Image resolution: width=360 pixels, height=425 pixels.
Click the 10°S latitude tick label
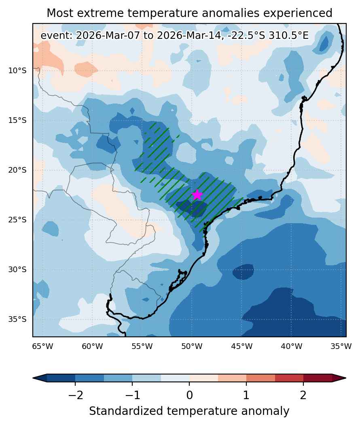coord(17,71)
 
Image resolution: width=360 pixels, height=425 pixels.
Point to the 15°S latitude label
coord(17,121)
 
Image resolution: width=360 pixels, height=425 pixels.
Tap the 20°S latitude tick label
coord(17,170)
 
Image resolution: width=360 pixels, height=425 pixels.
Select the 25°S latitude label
coord(17,220)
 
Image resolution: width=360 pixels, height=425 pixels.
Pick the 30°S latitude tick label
coord(17,270)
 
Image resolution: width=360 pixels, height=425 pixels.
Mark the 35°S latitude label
coord(17,319)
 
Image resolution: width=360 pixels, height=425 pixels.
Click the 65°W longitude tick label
coord(42,347)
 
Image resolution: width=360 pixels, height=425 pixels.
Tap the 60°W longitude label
coord(93,347)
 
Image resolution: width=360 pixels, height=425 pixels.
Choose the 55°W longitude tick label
coord(142,347)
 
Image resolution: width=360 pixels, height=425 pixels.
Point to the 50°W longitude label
coord(192,347)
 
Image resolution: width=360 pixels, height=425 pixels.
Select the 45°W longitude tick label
coord(242,347)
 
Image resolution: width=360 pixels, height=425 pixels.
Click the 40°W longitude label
coord(291,347)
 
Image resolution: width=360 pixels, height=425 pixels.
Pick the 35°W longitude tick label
coord(341,347)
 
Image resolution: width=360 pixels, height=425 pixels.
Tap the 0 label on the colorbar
coord(189,395)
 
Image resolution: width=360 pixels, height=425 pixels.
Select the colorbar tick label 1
coord(246,395)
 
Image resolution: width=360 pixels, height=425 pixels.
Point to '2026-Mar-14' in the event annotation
coord(188,36)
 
